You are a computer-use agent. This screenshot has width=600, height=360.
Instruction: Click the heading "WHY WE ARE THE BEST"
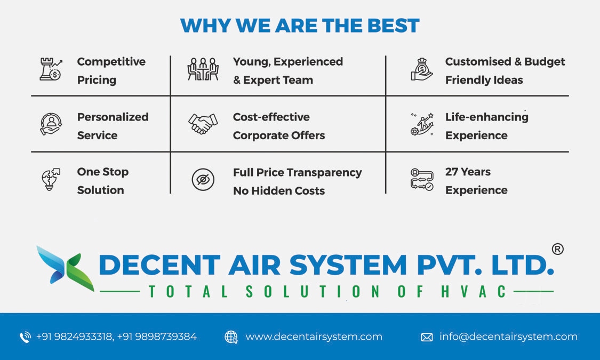[300, 26]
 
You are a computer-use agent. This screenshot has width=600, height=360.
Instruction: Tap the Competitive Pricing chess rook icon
[51, 70]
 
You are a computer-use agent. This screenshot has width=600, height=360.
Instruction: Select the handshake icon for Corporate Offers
[203, 124]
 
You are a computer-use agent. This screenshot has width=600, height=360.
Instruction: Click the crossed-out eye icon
[203, 180]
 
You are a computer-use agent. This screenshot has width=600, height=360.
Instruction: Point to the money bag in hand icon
[422, 70]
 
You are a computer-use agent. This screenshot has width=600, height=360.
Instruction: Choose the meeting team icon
[203, 70]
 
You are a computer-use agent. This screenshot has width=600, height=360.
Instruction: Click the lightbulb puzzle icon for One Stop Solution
[51, 180]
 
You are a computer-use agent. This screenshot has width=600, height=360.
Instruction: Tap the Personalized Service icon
[51, 124]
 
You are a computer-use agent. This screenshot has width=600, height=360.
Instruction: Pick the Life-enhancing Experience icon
[422, 124]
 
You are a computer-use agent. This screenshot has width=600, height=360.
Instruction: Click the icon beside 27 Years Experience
[422, 180]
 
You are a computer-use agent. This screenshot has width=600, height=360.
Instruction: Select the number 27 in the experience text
[452, 172]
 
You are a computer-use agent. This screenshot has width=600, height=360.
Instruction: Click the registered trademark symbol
[557, 249]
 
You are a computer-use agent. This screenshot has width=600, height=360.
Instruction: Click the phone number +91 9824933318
[74, 337]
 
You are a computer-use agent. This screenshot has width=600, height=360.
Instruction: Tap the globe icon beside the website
[231, 337]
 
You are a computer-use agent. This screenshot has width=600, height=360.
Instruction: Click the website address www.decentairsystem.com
[314, 337]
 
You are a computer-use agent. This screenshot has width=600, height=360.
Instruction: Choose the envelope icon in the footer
[427, 337]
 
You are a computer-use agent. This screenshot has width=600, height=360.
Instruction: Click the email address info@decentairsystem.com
[508, 337]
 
